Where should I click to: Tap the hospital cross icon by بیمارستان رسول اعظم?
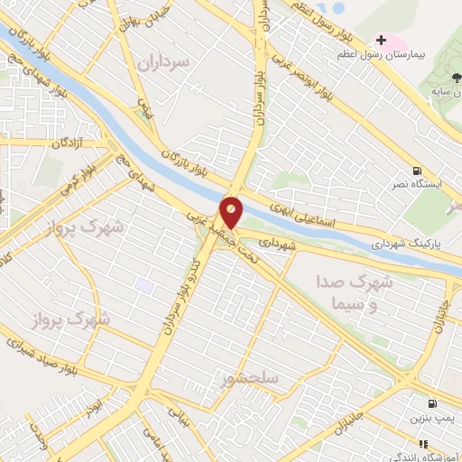(x=381, y=40)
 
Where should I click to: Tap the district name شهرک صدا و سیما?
(x=354, y=291)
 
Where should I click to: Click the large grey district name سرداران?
(x=166, y=62)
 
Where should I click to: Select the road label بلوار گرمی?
(x=77, y=177)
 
